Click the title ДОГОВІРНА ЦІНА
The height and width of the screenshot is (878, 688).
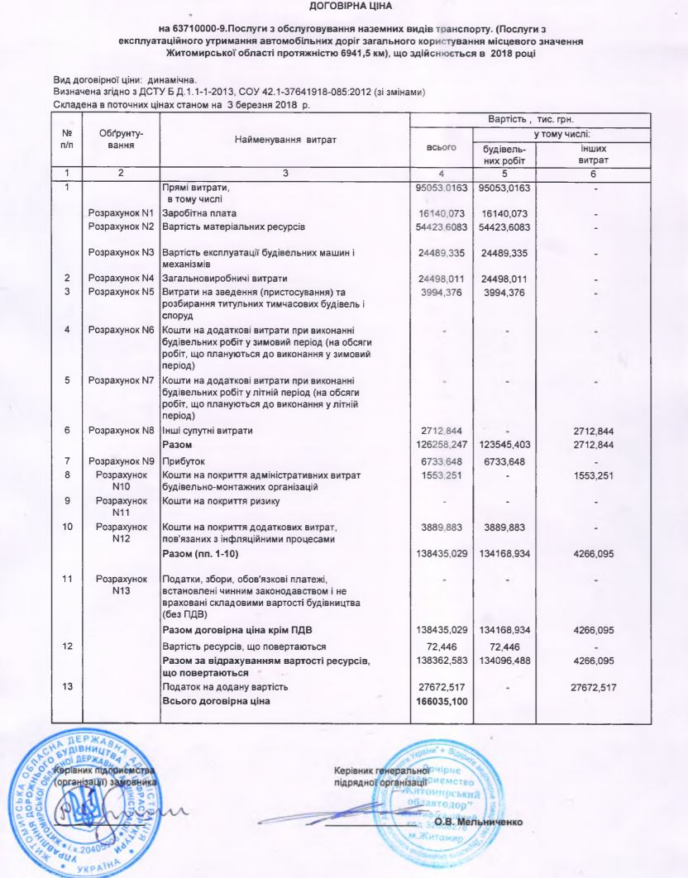tap(345, 7)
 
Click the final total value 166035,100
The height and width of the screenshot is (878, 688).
tap(442, 702)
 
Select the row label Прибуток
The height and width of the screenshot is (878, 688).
tap(184, 461)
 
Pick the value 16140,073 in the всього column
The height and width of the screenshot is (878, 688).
tap(442, 212)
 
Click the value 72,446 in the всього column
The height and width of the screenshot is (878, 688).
tap(442, 646)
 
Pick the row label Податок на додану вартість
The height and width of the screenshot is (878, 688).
tap(227, 688)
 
